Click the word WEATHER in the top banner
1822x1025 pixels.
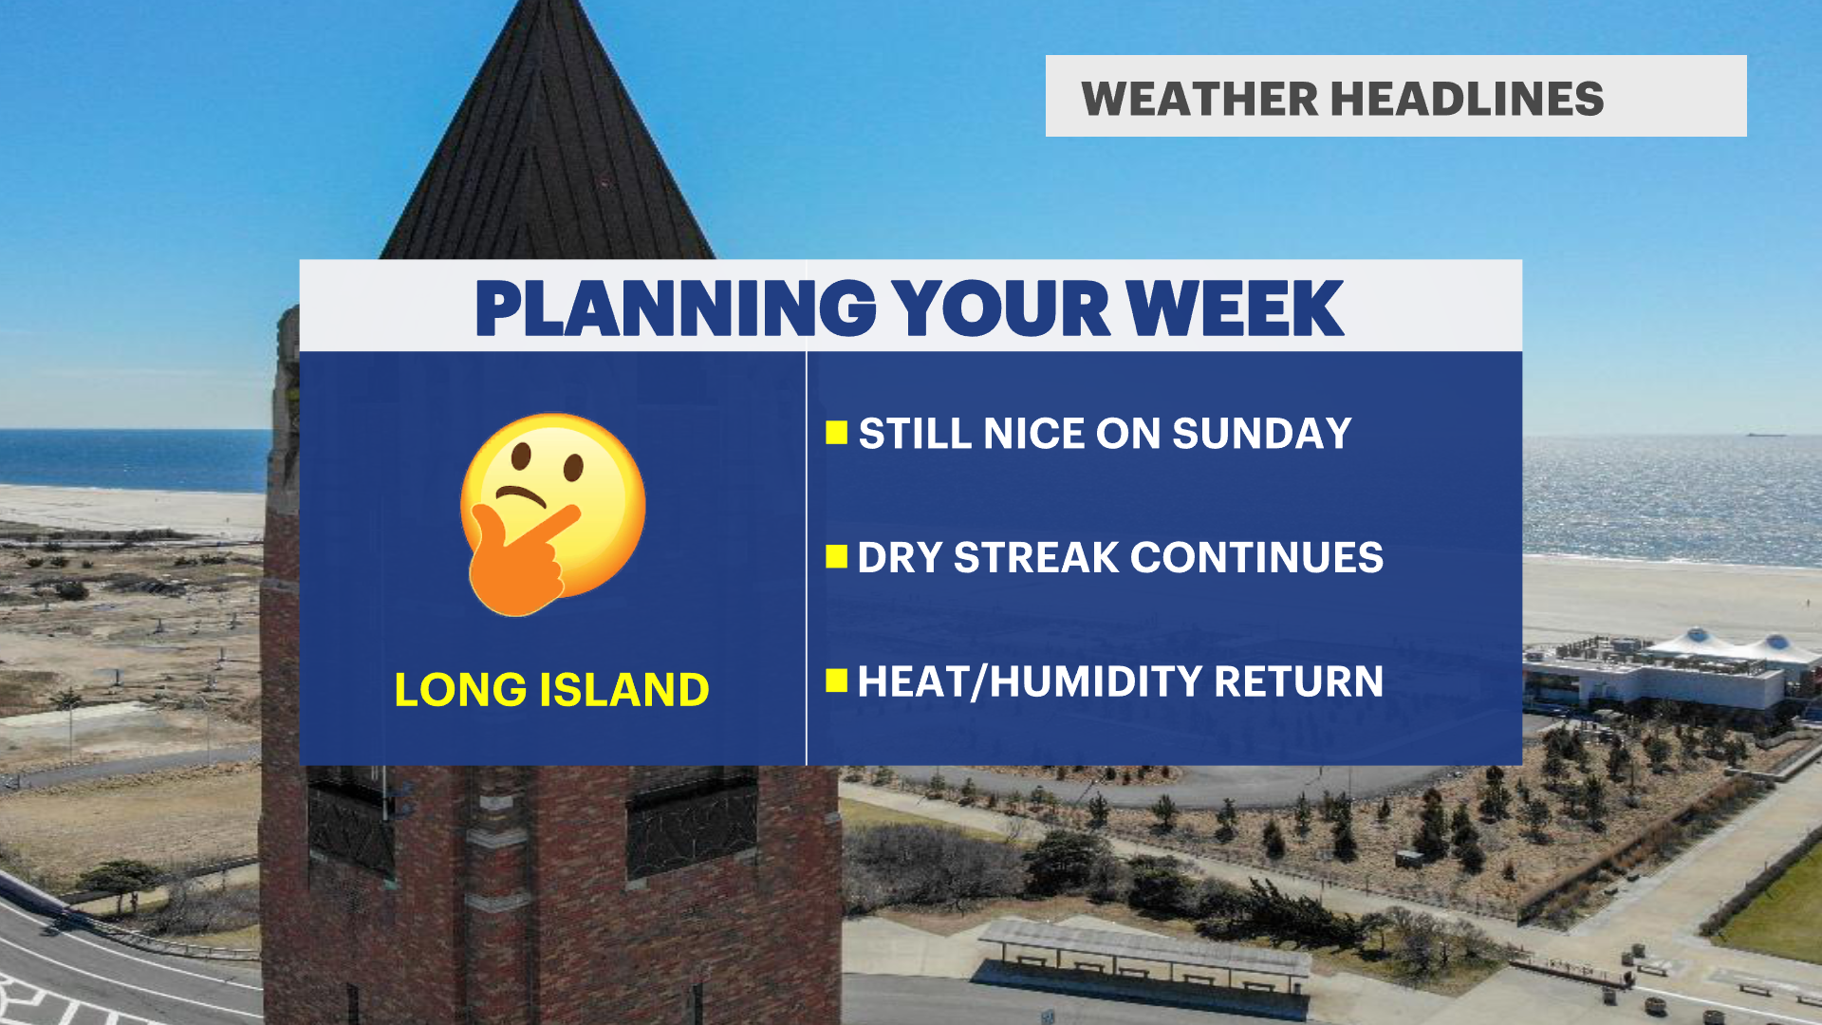1199,99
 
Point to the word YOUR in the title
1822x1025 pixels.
1001,308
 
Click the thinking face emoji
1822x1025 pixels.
552,513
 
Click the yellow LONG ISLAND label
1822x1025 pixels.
551,689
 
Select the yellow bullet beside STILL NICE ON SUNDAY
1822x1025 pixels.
836,433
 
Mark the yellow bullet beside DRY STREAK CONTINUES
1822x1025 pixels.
836,556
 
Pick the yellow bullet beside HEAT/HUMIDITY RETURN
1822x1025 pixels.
836,680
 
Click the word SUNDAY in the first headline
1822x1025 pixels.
1261,434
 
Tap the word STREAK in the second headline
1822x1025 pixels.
1036,557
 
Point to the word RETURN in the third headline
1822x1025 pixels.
1298,681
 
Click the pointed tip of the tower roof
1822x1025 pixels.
547,3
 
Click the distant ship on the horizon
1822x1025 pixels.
1765,435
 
